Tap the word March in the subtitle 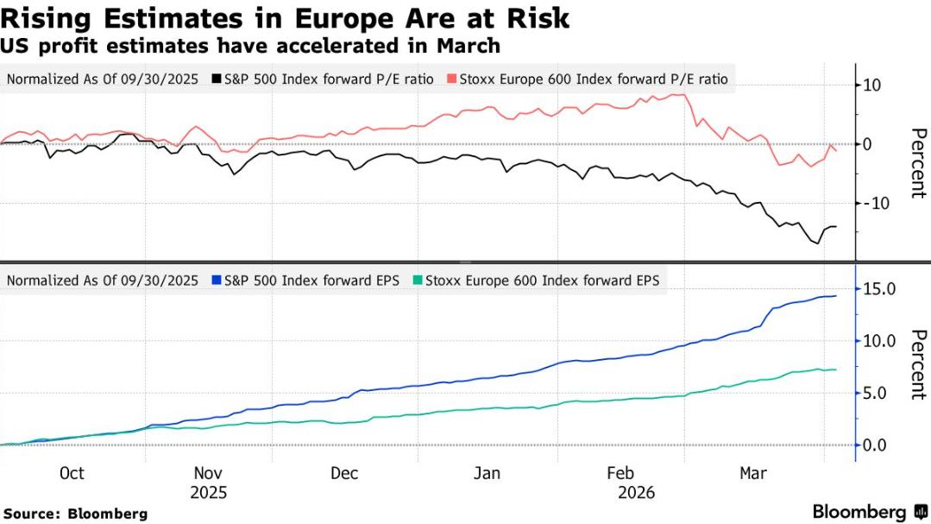470,45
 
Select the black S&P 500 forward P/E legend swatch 217,79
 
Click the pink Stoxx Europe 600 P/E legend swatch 451,79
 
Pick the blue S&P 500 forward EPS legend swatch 217,281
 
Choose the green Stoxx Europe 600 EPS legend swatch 418,281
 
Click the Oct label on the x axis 72,473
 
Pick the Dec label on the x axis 344,473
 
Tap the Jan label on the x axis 487,473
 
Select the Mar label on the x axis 754,473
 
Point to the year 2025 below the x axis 208,493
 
